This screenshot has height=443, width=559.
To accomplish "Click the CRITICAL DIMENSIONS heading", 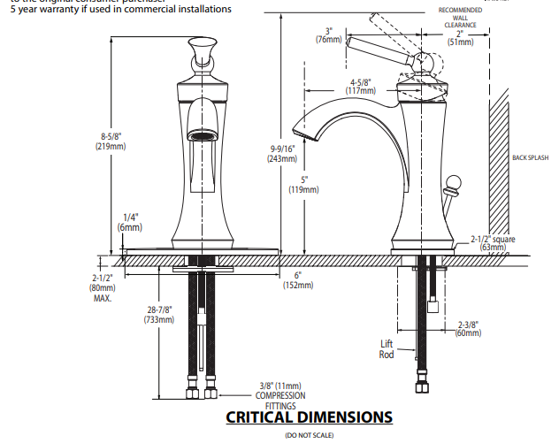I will point(309,416).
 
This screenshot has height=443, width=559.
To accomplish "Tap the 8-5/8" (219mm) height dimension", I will point(111,141).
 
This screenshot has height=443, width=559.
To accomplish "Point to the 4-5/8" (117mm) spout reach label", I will point(360,86).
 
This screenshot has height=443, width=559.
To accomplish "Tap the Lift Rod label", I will point(387,348).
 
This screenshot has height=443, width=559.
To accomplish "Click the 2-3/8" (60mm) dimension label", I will point(468,328).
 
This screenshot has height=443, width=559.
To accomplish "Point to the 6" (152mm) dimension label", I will point(298,280).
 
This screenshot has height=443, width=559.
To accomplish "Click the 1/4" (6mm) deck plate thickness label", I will point(130,222).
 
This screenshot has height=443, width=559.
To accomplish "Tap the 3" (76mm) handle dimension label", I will point(328,34).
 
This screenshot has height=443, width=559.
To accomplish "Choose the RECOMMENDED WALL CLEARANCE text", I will point(461,18).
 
